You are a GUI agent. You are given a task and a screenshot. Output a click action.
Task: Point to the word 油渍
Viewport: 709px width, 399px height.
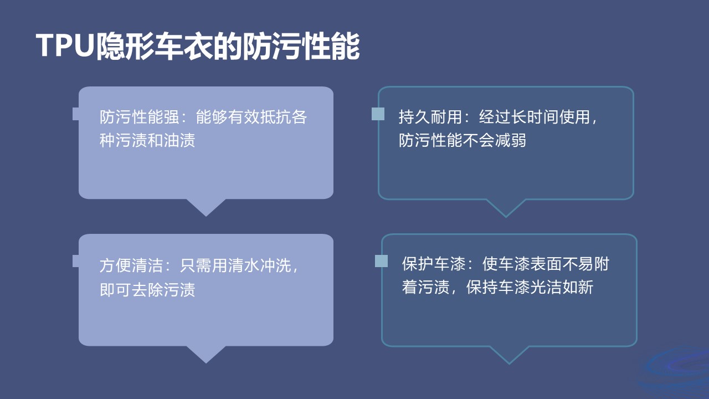(179, 140)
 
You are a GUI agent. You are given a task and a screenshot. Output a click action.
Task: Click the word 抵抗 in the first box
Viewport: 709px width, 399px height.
(276, 117)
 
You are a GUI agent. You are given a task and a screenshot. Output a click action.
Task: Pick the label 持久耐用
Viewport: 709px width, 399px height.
(430, 117)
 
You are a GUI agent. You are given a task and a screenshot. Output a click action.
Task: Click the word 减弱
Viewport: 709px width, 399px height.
(510, 140)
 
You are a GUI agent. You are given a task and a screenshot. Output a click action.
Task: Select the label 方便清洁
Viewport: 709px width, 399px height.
(131, 265)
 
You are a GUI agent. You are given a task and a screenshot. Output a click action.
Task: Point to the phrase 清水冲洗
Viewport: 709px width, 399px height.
(259, 265)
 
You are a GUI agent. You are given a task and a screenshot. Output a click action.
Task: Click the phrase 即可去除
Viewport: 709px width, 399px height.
(131, 289)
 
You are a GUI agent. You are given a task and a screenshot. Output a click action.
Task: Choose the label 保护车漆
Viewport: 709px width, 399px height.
(434, 263)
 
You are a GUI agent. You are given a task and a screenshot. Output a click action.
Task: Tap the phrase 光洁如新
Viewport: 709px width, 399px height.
(562, 287)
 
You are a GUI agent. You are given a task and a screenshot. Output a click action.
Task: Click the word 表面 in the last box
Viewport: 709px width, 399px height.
(546, 263)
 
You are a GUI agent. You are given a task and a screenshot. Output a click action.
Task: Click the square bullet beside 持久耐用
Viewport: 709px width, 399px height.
(378, 114)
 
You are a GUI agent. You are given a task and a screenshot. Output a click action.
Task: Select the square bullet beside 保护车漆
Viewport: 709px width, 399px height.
(382, 261)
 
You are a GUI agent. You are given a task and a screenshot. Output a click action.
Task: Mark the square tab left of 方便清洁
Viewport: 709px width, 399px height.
(76, 261)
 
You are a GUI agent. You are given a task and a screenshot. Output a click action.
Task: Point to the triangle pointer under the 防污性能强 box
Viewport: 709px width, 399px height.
(206, 207)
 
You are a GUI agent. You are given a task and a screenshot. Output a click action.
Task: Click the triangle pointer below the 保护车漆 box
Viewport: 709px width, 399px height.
(509, 355)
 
